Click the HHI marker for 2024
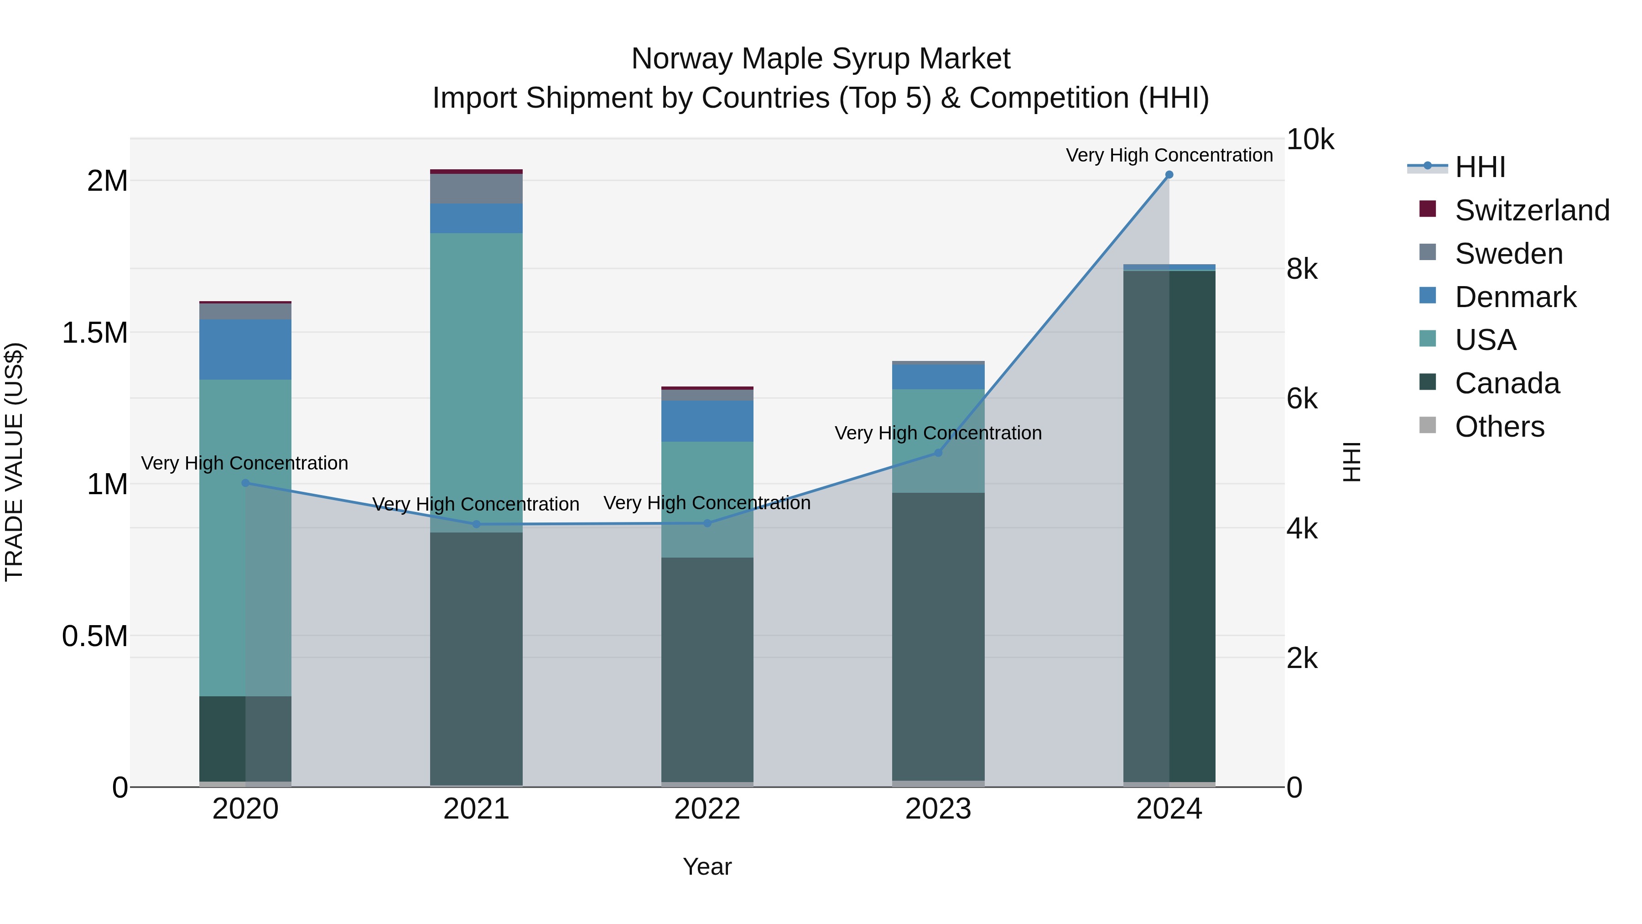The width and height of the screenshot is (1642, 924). (1169, 175)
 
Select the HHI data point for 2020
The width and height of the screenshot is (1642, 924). (245, 483)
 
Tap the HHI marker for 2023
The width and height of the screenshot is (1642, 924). (938, 453)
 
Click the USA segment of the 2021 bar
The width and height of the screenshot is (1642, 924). (476, 383)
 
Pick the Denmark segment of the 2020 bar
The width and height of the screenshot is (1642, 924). (245, 350)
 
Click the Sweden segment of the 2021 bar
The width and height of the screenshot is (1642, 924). (476, 189)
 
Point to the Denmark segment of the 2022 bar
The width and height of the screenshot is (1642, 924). (707, 421)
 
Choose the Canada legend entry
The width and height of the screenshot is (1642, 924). (1507, 383)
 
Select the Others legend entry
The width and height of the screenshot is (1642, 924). (1499, 427)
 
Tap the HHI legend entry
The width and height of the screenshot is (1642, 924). (1480, 167)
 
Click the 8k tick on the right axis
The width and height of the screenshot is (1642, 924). (1302, 269)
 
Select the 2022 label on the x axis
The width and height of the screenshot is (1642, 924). (707, 809)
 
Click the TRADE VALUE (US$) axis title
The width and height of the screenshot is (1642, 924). (14, 462)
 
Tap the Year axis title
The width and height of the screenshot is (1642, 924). (707, 867)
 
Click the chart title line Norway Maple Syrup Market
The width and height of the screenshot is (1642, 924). (821, 59)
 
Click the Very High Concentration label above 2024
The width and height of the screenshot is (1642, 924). (1169, 155)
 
